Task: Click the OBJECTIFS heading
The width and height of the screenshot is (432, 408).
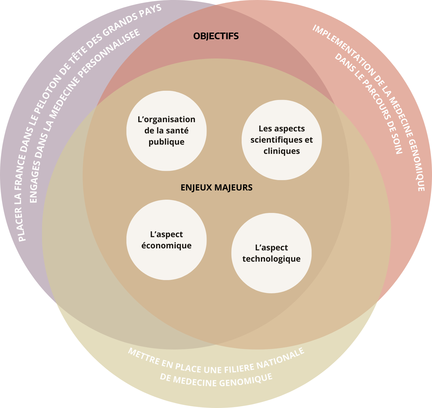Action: point(216,36)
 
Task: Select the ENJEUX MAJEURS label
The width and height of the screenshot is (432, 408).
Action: point(217,188)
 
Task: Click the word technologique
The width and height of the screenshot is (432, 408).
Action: point(271,259)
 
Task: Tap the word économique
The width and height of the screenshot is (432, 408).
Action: point(166,245)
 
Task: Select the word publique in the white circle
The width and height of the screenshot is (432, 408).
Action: point(166,142)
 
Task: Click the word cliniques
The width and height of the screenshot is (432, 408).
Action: point(282,151)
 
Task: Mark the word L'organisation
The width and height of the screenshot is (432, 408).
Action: point(166,119)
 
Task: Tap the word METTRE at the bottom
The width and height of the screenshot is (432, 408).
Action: point(142,356)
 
